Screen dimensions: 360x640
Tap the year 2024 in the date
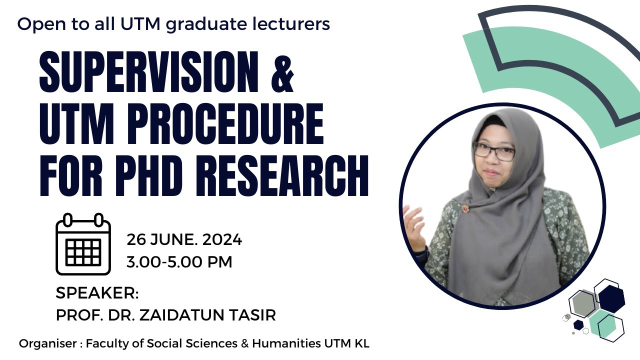[x=222, y=240]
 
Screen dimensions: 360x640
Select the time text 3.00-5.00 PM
[x=179, y=262]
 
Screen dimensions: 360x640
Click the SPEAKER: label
[x=97, y=293]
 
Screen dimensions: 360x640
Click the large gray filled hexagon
[x=583, y=303]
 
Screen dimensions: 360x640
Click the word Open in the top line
[x=34, y=24]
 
